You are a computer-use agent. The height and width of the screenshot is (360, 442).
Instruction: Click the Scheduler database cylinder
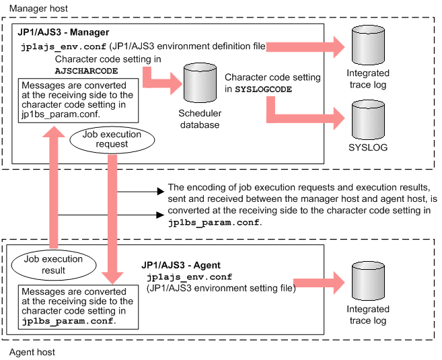[x=200, y=83]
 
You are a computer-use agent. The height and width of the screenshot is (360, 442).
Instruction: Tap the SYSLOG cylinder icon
[x=368, y=120]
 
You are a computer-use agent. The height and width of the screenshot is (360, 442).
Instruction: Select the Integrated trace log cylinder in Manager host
[x=368, y=45]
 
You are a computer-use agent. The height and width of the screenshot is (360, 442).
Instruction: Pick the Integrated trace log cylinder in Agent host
[x=368, y=281]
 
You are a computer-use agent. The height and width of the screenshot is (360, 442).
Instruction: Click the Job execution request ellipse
[x=112, y=139]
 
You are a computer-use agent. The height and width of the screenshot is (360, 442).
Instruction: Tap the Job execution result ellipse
[x=54, y=264]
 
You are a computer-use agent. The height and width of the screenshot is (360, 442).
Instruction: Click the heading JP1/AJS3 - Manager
[x=63, y=32]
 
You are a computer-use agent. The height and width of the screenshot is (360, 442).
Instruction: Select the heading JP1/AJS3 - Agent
[x=181, y=265]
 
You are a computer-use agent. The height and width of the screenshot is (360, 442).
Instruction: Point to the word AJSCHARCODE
[x=86, y=71]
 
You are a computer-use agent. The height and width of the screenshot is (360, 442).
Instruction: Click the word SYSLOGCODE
[x=264, y=89]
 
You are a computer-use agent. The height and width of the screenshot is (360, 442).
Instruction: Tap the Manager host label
[x=38, y=9]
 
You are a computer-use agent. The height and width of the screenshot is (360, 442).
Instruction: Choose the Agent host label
[x=32, y=352]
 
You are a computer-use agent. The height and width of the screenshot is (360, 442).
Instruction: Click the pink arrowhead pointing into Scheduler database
[x=176, y=83]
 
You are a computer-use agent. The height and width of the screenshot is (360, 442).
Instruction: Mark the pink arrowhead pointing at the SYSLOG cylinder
[x=339, y=118]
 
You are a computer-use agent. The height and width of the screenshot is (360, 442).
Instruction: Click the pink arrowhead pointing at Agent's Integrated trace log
[x=339, y=283]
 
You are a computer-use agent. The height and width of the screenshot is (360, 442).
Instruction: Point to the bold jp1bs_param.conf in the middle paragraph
[x=214, y=223]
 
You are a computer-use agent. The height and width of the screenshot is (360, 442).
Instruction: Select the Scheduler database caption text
[x=200, y=119]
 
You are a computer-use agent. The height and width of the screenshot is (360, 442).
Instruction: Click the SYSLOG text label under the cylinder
[x=368, y=147]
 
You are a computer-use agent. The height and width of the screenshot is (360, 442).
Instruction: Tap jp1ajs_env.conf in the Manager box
[x=64, y=46]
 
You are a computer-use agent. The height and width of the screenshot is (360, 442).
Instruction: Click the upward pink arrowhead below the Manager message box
[x=54, y=132]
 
